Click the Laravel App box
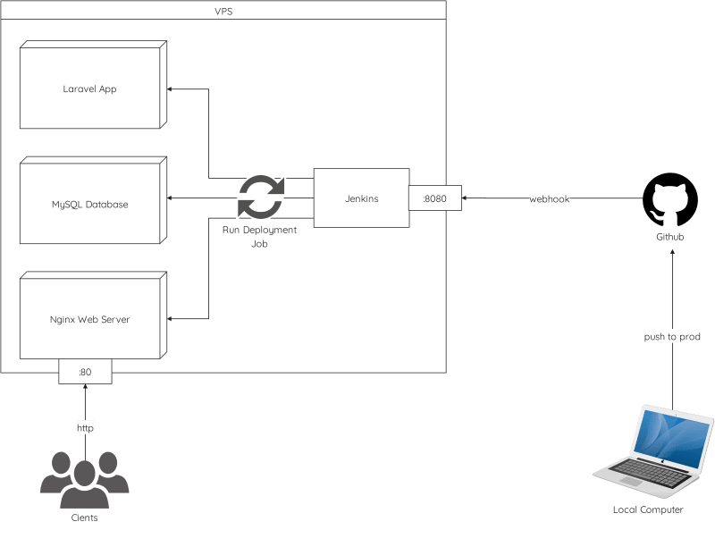tap(89, 89)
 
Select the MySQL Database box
tap(89, 204)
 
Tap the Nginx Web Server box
tap(89, 319)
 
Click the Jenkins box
tap(361, 198)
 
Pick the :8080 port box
tap(435, 198)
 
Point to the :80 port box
tap(86, 371)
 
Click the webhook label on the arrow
tap(549, 198)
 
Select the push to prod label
tap(672, 337)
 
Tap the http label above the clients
tap(85, 428)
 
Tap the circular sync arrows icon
tap(260, 198)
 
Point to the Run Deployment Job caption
tap(259, 236)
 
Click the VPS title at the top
tap(223, 10)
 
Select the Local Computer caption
tap(648, 509)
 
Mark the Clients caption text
tap(84, 518)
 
